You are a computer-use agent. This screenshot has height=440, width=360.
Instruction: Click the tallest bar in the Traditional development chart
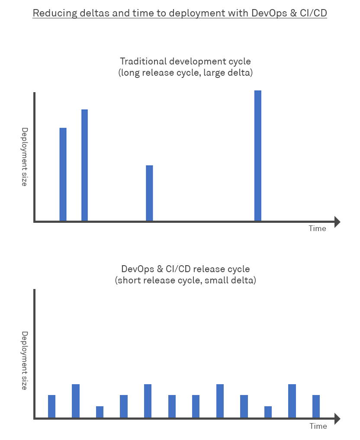coord(257,156)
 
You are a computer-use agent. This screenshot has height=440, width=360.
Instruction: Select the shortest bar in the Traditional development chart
coord(149,193)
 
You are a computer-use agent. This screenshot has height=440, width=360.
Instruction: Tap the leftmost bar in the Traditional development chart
coord(63,174)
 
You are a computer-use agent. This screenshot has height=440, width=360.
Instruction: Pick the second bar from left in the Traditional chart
coord(84,165)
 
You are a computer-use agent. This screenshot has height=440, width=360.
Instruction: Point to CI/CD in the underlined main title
coord(313,13)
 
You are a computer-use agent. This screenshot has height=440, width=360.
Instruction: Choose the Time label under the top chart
coord(317,228)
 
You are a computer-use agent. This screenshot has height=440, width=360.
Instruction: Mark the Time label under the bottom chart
coord(318,426)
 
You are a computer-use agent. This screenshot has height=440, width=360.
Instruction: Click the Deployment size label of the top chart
coord(25,157)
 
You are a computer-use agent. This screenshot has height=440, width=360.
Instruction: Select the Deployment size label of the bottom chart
coord(25,360)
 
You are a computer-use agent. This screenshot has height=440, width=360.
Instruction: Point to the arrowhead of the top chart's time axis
coord(337,222)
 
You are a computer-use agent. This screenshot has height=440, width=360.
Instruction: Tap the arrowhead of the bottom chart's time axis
coord(337,418)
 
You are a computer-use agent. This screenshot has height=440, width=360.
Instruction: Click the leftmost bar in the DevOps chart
coord(51,406)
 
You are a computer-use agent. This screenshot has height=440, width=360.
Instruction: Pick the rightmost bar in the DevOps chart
coord(316,406)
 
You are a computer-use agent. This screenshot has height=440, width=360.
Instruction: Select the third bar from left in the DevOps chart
coord(100,412)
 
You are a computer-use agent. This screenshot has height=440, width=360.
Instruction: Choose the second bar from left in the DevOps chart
coord(76,401)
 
